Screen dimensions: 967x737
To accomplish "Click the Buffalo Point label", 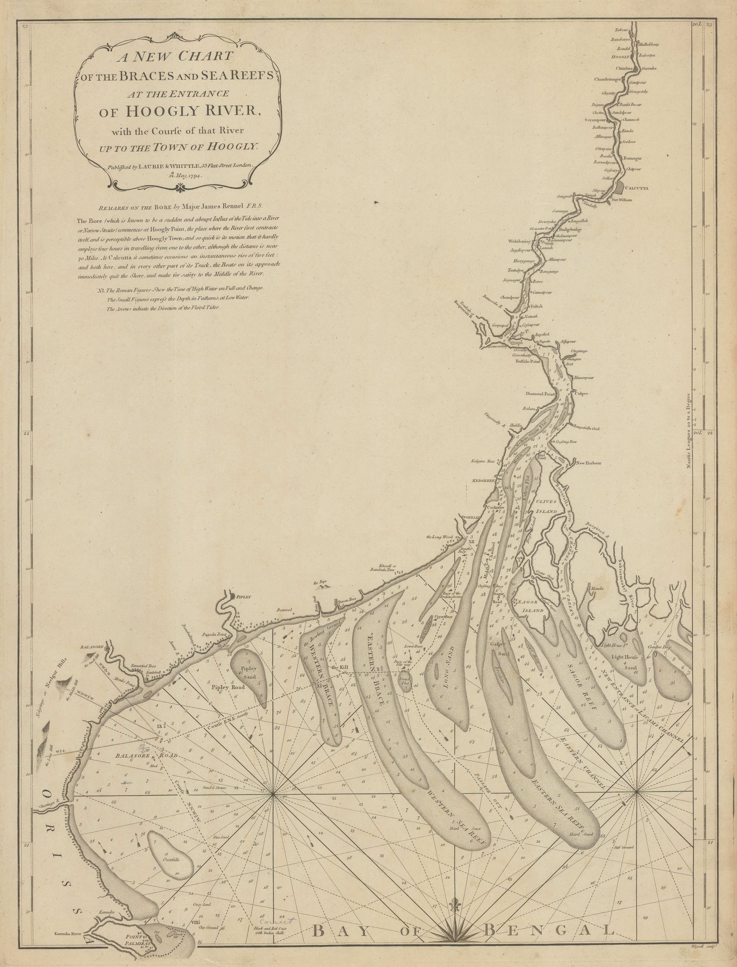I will click(x=528, y=362).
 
